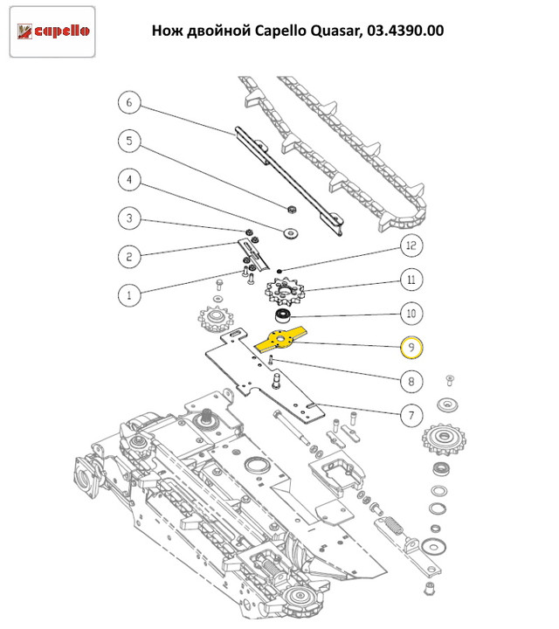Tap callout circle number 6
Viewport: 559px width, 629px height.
pos(129,104)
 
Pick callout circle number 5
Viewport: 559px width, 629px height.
pos(129,142)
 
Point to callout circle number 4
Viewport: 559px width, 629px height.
pos(129,180)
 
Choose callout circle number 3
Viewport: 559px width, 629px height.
pos(129,218)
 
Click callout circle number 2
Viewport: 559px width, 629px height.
pos(129,256)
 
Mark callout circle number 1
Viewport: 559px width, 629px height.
pos(129,294)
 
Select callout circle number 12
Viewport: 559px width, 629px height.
pos(411,247)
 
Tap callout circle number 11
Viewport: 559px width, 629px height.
pos(411,280)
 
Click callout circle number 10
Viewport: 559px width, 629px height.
pos(411,313)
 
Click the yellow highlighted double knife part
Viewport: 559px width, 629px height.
pos(283,339)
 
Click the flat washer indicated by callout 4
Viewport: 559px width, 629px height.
pos(287,232)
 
